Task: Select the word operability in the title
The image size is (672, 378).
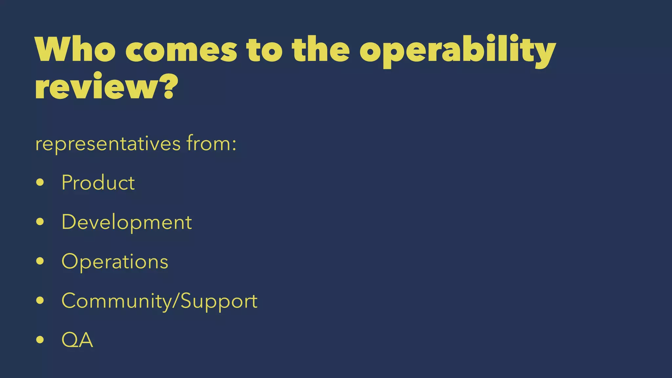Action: click(457, 51)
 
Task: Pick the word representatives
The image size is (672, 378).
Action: click(108, 144)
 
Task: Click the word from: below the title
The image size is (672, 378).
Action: click(211, 143)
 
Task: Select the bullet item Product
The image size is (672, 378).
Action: click(98, 182)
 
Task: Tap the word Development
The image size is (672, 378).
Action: click(126, 222)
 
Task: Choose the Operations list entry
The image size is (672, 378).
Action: click(115, 262)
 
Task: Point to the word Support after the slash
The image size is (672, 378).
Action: click(219, 301)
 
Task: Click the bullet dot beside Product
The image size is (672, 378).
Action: click(40, 182)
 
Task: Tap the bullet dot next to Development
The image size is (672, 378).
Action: click(40, 222)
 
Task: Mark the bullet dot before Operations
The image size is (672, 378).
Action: click(40, 261)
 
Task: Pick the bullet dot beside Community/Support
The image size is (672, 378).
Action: click(40, 301)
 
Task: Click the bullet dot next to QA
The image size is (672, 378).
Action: click(40, 340)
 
